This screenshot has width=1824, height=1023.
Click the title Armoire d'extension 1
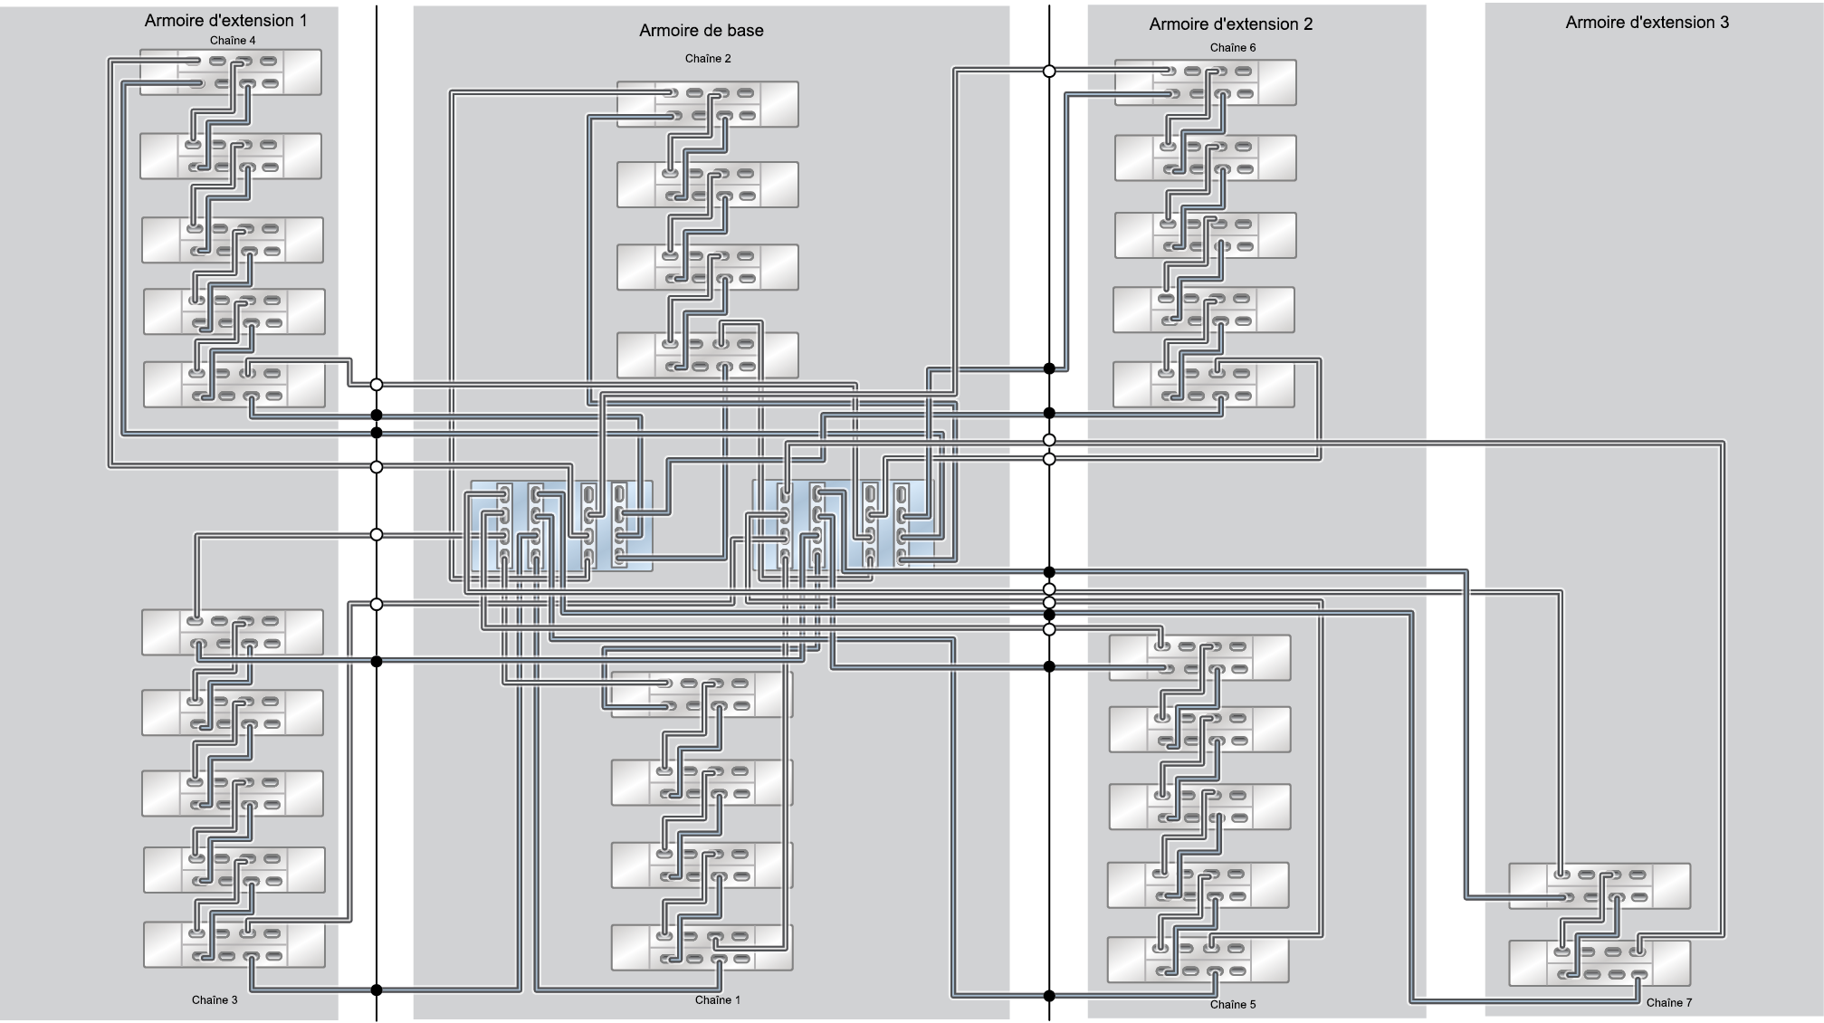[225, 20]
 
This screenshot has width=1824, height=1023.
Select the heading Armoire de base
[702, 30]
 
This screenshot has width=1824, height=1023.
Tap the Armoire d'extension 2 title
[1231, 24]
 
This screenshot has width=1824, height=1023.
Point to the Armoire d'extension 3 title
[1647, 23]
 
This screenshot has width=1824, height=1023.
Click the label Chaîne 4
[233, 41]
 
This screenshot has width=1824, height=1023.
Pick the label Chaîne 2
[708, 59]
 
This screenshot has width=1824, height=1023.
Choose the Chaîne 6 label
[1233, 48]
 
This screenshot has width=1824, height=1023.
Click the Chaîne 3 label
[215, 1000]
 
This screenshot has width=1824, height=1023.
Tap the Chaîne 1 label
[718, 1000]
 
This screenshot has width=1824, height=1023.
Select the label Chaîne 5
[1233, 1005]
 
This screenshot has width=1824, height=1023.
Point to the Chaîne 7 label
[1669, 1003]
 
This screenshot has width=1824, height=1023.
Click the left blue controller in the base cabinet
[560, 526]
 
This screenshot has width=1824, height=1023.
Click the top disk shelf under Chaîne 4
[231, 72]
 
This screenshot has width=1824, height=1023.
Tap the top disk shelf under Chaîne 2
[708, 104]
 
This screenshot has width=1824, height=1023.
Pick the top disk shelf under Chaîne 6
[1205, 82]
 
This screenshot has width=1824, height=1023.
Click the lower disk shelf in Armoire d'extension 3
[1600, 963]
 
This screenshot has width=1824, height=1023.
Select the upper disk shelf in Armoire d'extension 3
[1600, 886]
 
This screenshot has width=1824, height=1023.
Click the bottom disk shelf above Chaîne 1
[702, 948]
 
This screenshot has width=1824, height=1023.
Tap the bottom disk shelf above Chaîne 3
[234, 944]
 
